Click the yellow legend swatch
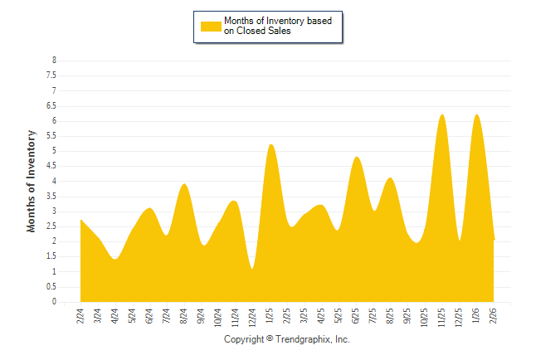[x=211, y=26]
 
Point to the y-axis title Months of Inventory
[x=32, y=181]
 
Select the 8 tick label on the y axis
[x=54, y=61]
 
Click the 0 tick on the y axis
[x=54, y=302]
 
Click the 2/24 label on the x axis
[x=80, y=316]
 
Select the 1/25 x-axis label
[x=270, y=316]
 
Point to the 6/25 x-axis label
[x=357, y=316]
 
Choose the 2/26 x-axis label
[x=495, y=316]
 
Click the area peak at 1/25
[x=270, y=145]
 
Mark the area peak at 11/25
[x=442, y=114]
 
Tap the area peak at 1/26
[x=477, y=114]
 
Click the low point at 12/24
[x=252, y=268]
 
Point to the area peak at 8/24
[x=184, y=184]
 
